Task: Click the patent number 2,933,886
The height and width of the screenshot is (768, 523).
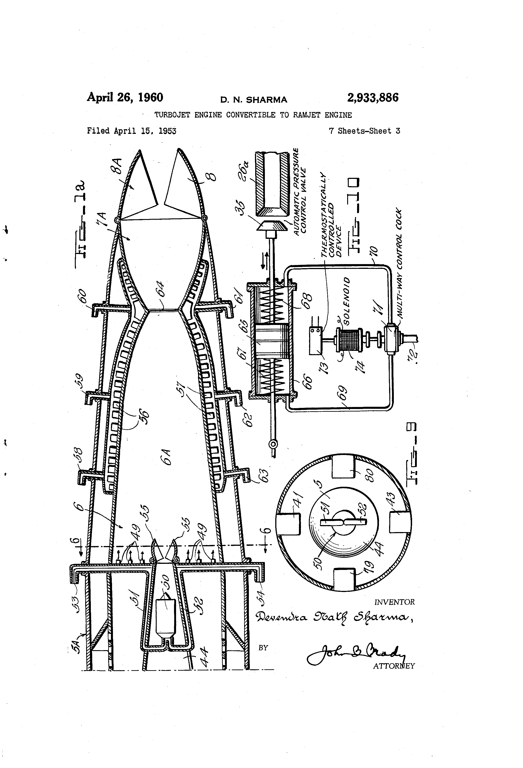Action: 373,98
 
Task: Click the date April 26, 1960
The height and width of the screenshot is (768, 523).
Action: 125,98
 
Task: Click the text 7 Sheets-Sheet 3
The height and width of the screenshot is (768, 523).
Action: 364,131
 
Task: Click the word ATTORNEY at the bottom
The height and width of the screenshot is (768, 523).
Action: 394,666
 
